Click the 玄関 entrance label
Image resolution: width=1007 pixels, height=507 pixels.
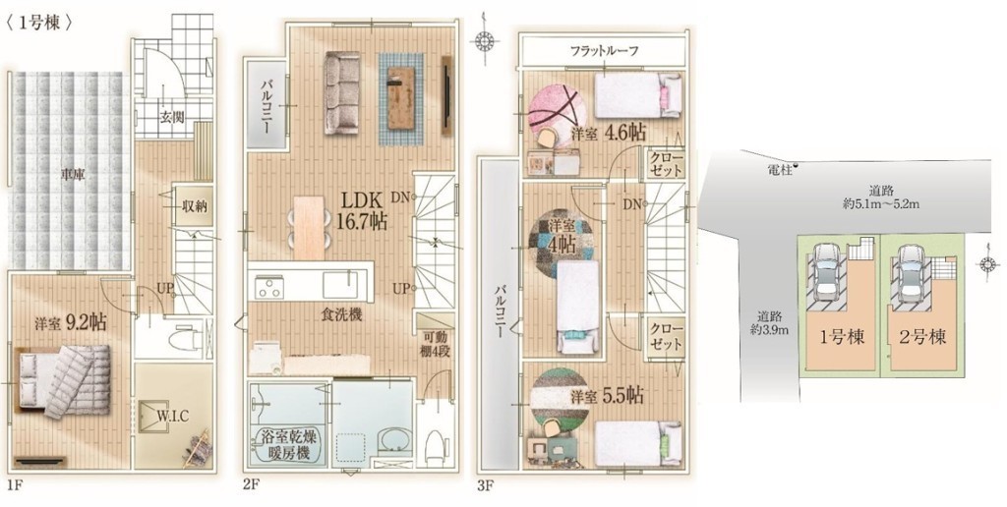[172, 117]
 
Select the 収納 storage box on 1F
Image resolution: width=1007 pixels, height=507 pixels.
[193, 206]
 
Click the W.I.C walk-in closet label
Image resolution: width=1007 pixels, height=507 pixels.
[173, 416]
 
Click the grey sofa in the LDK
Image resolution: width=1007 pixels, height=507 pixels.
[341, 92]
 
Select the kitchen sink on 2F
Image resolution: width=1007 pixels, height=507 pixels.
[339, 283]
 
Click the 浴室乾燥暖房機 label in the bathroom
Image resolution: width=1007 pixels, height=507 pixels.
[286, 445]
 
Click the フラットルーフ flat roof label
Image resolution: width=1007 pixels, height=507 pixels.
[604, 51]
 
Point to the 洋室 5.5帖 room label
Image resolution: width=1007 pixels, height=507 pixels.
[608, 396]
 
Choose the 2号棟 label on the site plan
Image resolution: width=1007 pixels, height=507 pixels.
[922, 337]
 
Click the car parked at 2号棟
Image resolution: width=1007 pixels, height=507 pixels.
[909, 273]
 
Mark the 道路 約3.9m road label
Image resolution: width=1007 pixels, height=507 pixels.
[772, 323]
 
